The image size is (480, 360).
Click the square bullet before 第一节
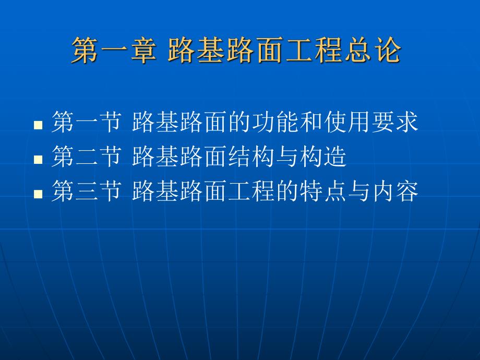click(x=38, y=125)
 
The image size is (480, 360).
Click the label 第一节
click(x=86, y=123)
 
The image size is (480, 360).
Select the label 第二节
click(x=86, y=158)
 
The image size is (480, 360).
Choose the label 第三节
click(x=86, y=192)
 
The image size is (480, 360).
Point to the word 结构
click(x=239, y=158)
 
